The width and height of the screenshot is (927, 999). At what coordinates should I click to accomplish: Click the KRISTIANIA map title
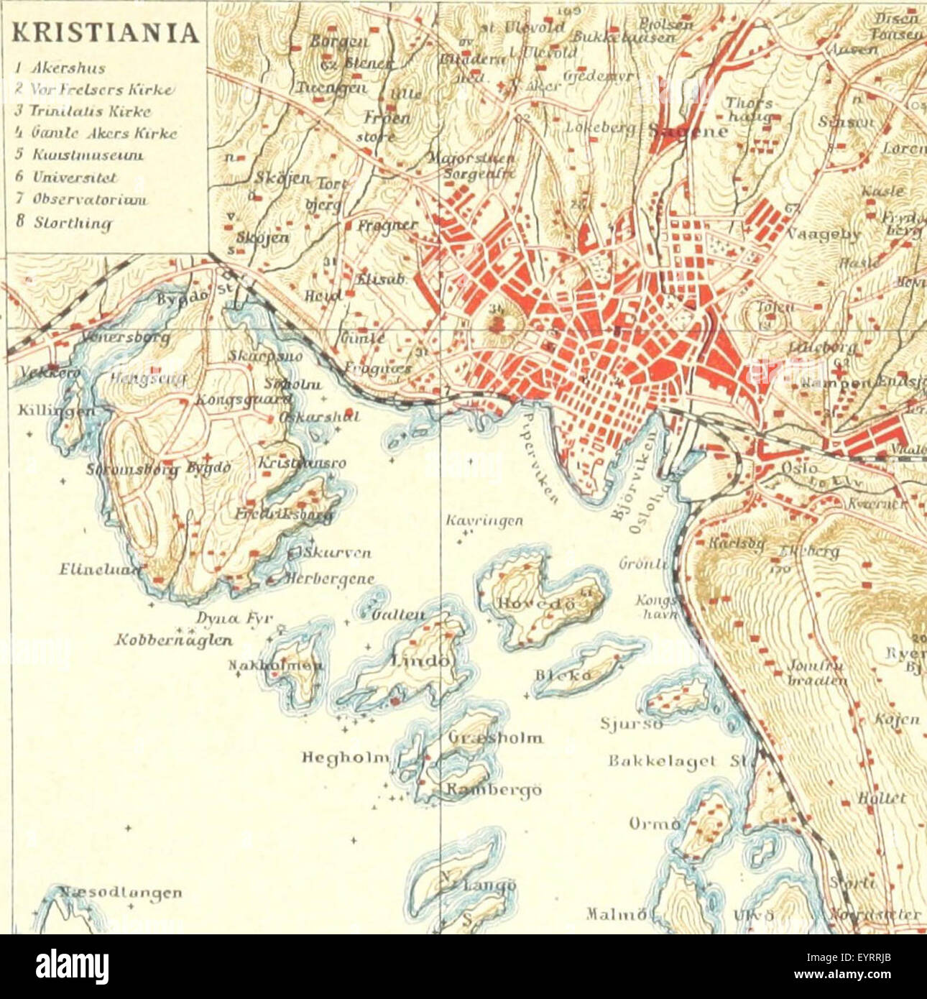pos(106,33)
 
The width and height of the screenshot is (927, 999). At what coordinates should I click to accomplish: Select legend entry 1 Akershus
pos(61,68)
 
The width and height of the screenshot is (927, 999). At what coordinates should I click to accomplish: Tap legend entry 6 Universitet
pos(65,177)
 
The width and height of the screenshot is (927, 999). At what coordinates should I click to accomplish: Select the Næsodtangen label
pos(120,893)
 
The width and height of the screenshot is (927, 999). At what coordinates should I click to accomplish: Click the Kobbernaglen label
pos(173,640)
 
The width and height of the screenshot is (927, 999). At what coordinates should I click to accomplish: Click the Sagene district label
pos(688,131)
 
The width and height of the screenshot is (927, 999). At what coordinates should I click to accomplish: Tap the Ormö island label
pos(654,822)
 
